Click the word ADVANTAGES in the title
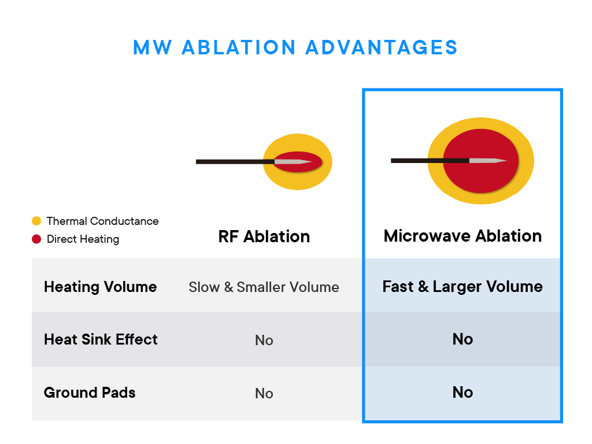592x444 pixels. (x=382, y=47)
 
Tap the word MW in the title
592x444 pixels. (x=152, y=47)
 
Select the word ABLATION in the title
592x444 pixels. (x=238, y=47)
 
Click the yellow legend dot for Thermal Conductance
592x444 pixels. (x=36, y=221)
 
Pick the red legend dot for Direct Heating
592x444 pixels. (x=36, y=239)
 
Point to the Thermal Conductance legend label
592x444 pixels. (x=102, y=221)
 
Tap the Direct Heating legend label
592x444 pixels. (x=83, y=239)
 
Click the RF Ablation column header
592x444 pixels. (x=264, y=236)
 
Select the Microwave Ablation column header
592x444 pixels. (x=462, y=236)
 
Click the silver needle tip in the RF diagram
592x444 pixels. (x=295, y=162)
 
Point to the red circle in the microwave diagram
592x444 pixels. (x=480, y=176)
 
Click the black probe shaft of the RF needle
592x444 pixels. (x=231, y=162)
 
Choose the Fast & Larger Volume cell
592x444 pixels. (x=462, y=287)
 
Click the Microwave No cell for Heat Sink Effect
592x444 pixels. (x=462, y=339)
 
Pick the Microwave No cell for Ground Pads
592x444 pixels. (x=462, y=393)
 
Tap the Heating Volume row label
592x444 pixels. (x=100, y=287)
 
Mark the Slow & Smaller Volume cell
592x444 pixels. (x=264, y=287)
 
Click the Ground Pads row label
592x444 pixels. (x=90, y=393)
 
